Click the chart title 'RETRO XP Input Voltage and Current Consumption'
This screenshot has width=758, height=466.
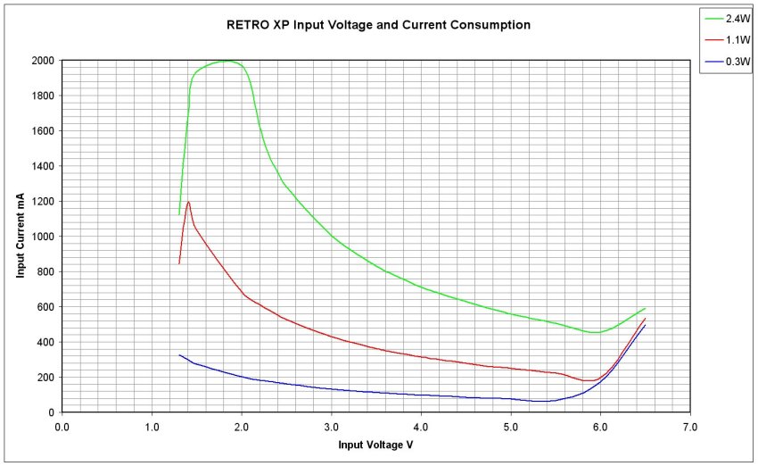pos(378,25)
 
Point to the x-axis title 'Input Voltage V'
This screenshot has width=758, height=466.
pos(375,444)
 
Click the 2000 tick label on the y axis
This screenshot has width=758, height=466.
pos(41,61)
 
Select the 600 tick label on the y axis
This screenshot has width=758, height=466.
pos(45,307)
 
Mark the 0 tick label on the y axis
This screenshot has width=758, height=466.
pos(51,412)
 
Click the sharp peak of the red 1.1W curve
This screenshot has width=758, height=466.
pos(189,202)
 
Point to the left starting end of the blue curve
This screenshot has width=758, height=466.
pos(179,355)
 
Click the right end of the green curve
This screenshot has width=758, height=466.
pos(645,308)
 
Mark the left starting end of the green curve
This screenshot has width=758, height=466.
pos(179,214)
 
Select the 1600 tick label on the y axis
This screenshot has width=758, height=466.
pos(41,131)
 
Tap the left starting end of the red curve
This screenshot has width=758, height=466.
pos(179,263)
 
